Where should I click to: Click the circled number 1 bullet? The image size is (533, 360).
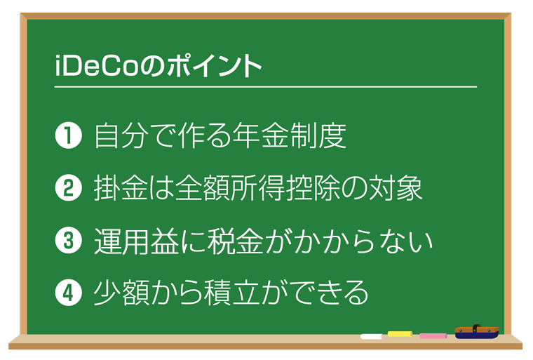pos(68,135)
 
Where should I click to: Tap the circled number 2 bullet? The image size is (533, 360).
pos(68,188)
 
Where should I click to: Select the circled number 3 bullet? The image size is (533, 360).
pos(68,240)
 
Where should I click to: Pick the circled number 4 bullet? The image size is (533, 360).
pos(68,293)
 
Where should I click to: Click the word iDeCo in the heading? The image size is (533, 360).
pos(97,66)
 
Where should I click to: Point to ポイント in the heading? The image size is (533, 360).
pos(214,66)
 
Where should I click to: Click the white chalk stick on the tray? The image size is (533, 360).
pos(372,337)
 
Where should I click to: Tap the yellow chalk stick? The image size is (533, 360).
pos(400,334)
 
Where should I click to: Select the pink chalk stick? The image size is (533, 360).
pos(433,336)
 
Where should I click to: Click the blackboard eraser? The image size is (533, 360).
pos(477,332)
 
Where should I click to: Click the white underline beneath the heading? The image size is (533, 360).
pos(266,87)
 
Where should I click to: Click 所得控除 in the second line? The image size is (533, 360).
pos(285,188)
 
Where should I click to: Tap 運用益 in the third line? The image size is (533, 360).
pos(136,241)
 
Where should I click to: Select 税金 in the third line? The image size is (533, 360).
pos(235,241)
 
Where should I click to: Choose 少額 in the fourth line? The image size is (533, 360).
pos(122,293)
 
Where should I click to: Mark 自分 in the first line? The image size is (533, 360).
pos(122,135)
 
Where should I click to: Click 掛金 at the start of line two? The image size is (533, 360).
pos(121,188)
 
